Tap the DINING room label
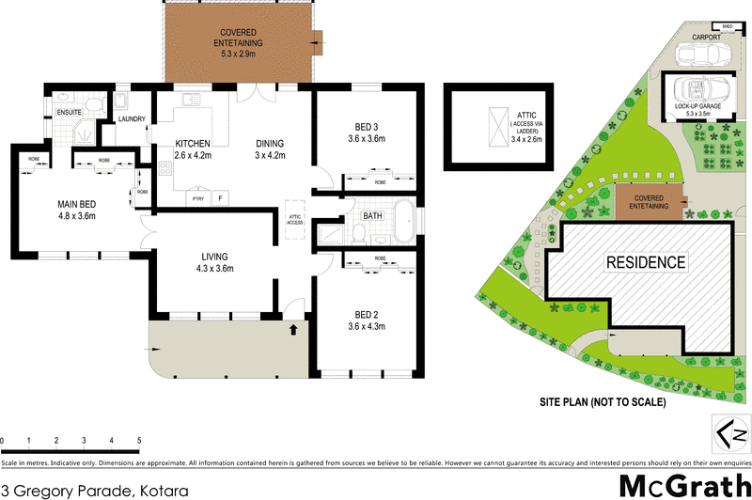[270, 144]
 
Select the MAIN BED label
[77, 204]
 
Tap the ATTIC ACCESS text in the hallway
[294, 219]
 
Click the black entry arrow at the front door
[294, 330]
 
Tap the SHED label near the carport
[728, 26]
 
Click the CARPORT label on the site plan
[705, 38]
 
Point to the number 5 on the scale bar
[138, 440]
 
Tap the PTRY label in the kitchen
[198, 198]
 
